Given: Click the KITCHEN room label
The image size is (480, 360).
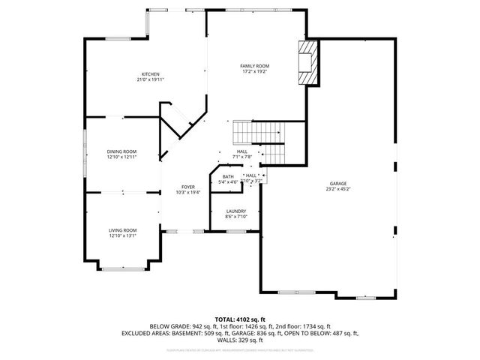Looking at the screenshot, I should pos(151,73).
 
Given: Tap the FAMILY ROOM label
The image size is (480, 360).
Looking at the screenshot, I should pos(254,66).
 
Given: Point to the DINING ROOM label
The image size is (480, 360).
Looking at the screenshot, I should pos(121,151).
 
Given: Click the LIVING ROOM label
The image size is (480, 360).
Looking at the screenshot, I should pos(123,229).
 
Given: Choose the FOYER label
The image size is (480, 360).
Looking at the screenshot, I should pos(188,187).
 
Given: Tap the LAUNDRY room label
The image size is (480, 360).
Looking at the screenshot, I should pos(236,211).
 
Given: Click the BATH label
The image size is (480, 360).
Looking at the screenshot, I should pos(228,176).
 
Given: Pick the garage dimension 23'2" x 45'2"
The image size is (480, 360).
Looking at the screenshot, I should pos(339,190).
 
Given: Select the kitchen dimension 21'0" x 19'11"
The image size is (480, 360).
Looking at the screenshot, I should pos(151,79).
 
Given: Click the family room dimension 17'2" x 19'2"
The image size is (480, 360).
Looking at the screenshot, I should pos(254,72).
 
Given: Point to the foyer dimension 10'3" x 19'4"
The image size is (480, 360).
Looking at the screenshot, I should pos(188,193).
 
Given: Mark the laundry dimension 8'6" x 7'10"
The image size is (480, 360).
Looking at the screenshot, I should pos(236,217).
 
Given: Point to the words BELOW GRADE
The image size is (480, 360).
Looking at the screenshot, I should pos(167,326).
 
